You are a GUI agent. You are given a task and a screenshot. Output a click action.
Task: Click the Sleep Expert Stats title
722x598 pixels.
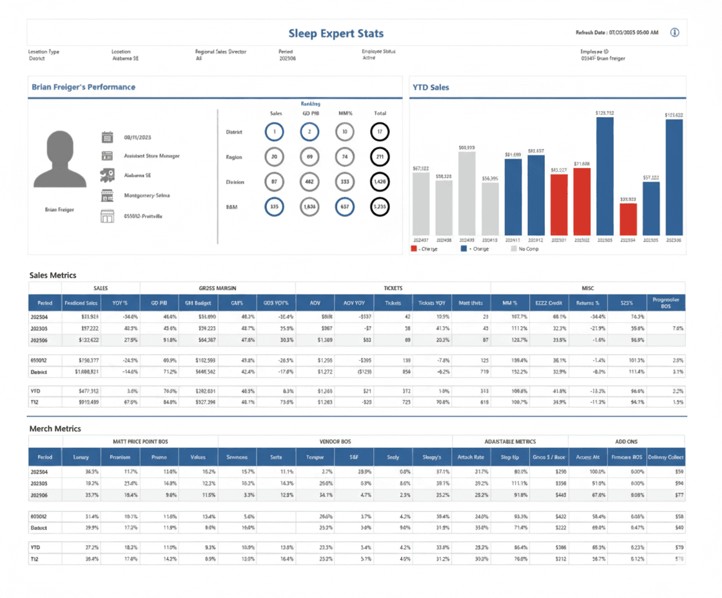pyautogui.click(x=335, y=34)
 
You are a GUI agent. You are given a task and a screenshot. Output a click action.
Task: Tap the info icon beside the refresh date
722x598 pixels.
pyautogui.click(x=674, y=33)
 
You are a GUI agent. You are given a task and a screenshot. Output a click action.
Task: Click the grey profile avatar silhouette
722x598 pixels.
pyautogui.click(x=59, y=160)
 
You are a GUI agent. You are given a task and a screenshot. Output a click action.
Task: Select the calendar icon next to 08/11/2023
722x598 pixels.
pyautogui.click(x=107, y=137)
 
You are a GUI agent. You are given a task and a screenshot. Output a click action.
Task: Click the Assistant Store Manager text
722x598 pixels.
pyautogui.click(x=151, y=156)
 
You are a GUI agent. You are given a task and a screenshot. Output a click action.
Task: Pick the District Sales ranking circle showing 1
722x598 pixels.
pyautogui.click(x=274, y=132)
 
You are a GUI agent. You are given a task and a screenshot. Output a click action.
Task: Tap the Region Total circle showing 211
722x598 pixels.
pyautogui.click(x=380, y=157)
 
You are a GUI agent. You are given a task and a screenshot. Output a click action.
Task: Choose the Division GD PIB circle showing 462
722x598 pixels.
pyautogui.click(x=309, y=182)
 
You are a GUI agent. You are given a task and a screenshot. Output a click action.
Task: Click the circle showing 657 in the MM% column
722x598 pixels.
pyautogui.click(x=344, y=207)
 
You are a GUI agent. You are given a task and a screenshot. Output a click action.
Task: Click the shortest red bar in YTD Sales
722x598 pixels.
pyautogui.click(x=628, y=219)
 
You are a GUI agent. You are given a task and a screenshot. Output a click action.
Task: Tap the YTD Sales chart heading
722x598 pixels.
pyautogui.click(x=431, y=87)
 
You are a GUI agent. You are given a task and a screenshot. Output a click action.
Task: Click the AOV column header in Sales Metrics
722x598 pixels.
pyautogui.click(x=315, y=302)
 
